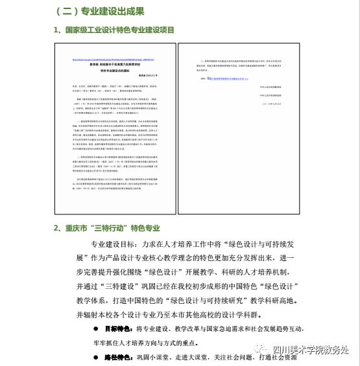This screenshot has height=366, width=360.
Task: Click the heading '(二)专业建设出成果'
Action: tap(101, 12)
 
